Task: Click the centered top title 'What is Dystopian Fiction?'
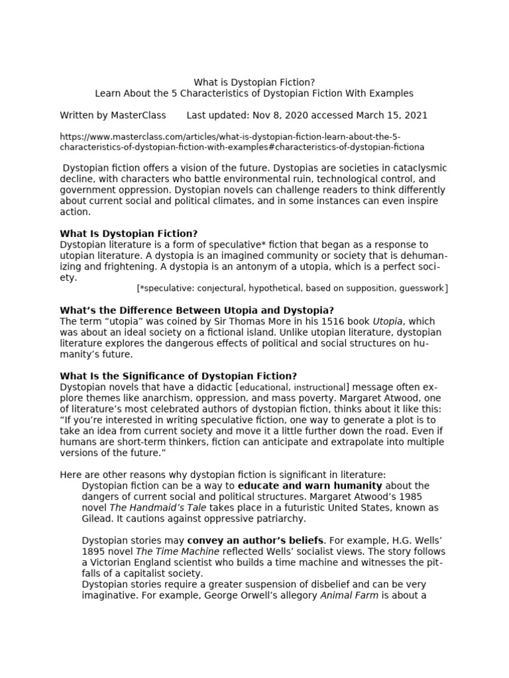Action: pyautogui.click(x=254, y=82)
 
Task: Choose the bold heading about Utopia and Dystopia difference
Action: pyautogui.click(x=197, y=310)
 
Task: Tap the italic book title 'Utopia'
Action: pyautogui.click(x=388, y=321)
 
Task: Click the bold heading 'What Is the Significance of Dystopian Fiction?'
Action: pyautogui.click(x=178, y=375)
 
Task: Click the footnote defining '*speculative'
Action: pyautogui.click(x=292, y=288)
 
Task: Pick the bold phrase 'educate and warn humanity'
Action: pyautogui.click(x=310, y=485)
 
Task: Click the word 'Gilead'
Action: pyautogui.click(x=97, y=518)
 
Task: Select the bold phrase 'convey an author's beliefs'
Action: pyautogui.click(x=256, y=540)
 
